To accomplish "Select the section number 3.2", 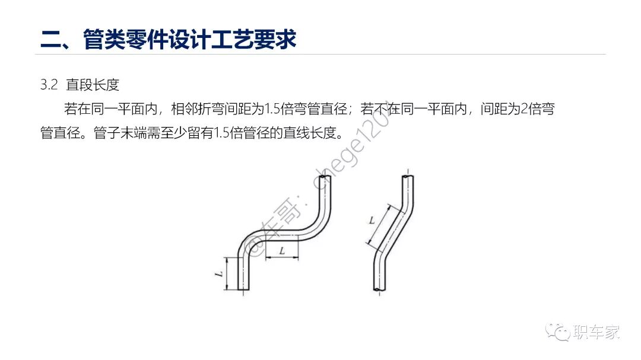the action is [48, 85].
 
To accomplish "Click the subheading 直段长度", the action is [93, 85].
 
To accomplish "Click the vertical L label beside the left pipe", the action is [219, 273].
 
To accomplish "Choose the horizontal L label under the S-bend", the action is [282, 251].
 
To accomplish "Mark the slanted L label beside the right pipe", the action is [372, 220].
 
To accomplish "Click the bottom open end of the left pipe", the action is [243, 289].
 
